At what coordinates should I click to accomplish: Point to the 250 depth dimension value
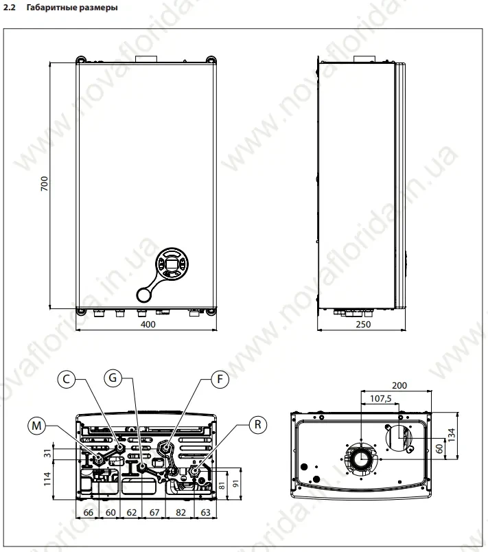[x=363, y=324]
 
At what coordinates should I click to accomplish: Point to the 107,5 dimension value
[x=380, y=398]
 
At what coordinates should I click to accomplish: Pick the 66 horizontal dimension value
[x=89, y=511]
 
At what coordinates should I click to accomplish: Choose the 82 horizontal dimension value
[x=181, y=511]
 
